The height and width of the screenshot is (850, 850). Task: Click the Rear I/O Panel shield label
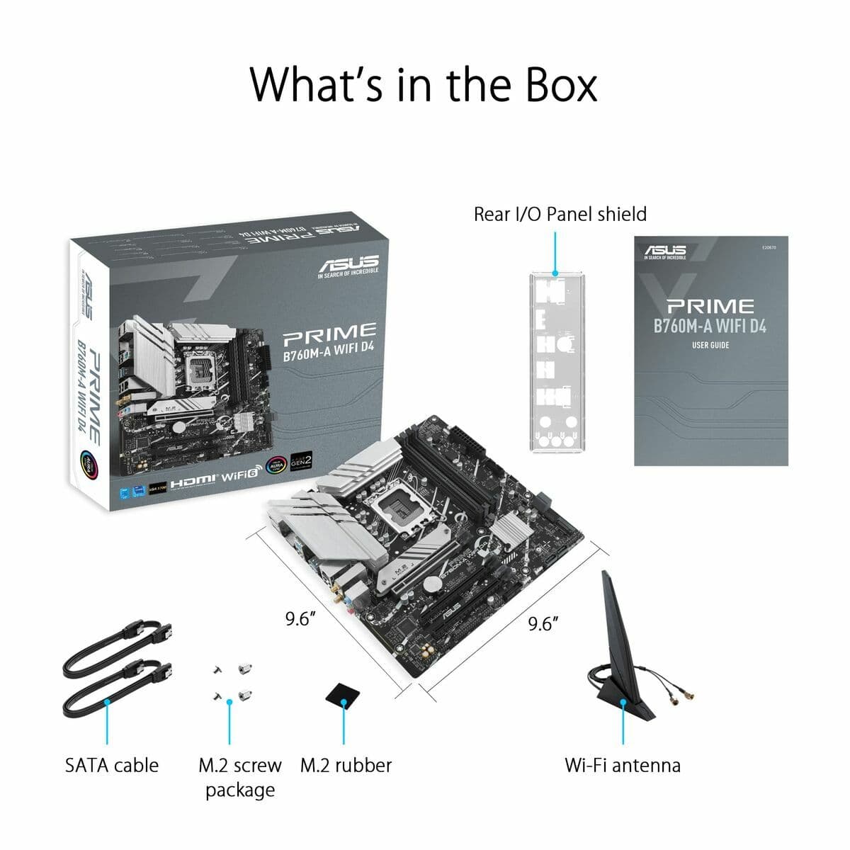(560, 214)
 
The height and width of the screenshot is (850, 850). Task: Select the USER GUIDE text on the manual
(710, 345)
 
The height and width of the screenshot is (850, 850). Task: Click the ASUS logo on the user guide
(665, 251)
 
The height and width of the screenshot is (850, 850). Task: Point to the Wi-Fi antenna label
(622, 765)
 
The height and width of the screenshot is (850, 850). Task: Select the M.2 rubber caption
(346, 765)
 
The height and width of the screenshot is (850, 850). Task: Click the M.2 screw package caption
(239, 777)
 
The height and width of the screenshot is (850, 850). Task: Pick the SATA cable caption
(112, 765)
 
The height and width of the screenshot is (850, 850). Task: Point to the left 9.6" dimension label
(300, 618)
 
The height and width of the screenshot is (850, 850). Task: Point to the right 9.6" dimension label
(543, 623)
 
